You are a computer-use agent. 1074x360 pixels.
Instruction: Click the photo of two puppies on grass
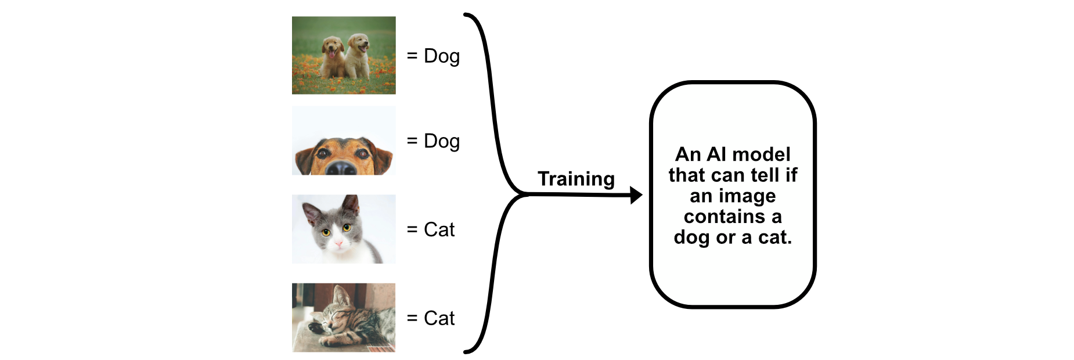(344, 55)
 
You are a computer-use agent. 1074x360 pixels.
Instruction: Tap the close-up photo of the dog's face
(344, 141)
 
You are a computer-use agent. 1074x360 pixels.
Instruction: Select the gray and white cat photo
(344, 229)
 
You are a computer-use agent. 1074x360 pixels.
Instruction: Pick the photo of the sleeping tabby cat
(344, 318)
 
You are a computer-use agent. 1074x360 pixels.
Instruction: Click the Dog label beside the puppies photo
(442, 57)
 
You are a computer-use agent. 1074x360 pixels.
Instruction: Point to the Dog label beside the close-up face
(442, 142)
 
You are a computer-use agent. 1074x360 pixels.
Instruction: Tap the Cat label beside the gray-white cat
(439, 229)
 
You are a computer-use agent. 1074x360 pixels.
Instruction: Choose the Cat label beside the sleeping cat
(439, 318)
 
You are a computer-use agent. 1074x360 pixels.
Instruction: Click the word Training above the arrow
(576, 179)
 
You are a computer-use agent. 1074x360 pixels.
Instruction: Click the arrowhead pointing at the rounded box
(637, 196)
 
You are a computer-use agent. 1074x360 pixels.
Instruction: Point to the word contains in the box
(725, 217)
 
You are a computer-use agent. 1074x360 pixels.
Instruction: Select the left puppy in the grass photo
(333, 57)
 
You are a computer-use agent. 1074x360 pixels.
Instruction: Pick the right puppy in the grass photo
(358, 56)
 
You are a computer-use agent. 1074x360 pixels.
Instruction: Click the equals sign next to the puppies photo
(412, 56)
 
